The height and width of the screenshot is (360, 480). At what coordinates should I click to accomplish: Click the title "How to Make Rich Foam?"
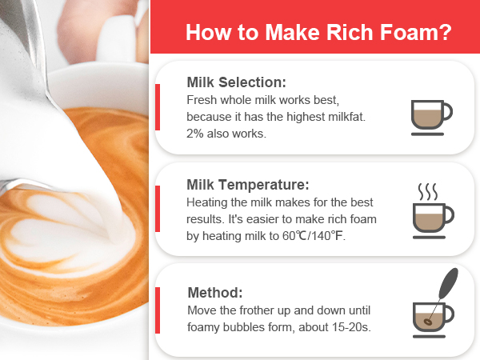click(317, 34)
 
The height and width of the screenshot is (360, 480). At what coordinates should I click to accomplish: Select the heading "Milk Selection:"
click(236, 82)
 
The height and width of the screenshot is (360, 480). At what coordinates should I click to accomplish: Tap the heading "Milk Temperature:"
click(247, 185)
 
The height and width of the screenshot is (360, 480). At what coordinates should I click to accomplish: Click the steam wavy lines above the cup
click(428, 192)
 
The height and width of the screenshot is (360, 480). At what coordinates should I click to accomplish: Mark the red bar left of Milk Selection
click(158, 106)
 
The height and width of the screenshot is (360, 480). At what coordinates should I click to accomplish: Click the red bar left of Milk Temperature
click(158, 210)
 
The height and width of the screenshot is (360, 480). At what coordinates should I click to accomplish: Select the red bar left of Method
click(158, 310)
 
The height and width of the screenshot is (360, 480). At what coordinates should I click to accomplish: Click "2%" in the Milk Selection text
click(197, 134)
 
